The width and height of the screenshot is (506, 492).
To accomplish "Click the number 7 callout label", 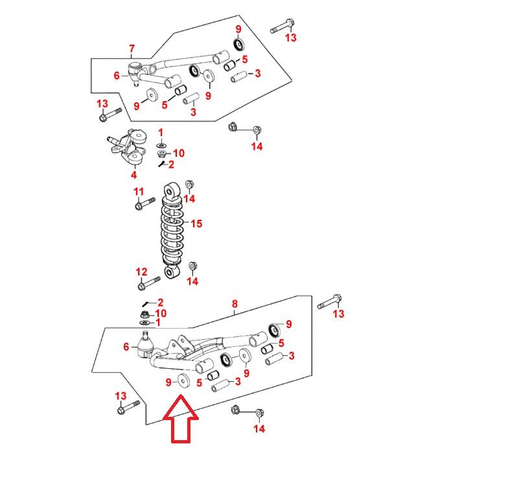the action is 132,49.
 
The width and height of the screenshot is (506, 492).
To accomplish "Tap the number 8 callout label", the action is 235,304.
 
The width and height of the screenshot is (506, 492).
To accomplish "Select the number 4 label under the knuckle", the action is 134,174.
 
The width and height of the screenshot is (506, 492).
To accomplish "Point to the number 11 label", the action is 139,192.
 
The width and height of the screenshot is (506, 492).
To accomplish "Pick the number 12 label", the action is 141,272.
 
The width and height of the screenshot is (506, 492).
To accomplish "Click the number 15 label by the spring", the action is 196,224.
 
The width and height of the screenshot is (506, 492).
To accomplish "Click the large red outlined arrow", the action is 181,419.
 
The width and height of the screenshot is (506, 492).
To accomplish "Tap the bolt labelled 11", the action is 144,204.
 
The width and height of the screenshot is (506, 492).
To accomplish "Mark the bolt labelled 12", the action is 149,283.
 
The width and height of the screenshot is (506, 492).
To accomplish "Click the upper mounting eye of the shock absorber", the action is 172,191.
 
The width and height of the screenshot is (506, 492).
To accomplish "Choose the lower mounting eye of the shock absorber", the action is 172,272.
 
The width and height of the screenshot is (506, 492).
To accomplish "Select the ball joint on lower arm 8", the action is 145,346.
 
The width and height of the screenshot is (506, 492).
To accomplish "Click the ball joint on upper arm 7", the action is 135,73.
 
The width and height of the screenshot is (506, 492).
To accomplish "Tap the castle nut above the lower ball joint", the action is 145,314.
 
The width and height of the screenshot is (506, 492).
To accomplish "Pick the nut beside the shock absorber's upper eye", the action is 189,185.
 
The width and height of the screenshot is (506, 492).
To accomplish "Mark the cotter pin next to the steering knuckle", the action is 162,164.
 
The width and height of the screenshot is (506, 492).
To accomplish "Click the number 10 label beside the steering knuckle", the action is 179,153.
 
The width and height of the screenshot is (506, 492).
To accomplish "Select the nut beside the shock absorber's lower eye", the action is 192,266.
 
